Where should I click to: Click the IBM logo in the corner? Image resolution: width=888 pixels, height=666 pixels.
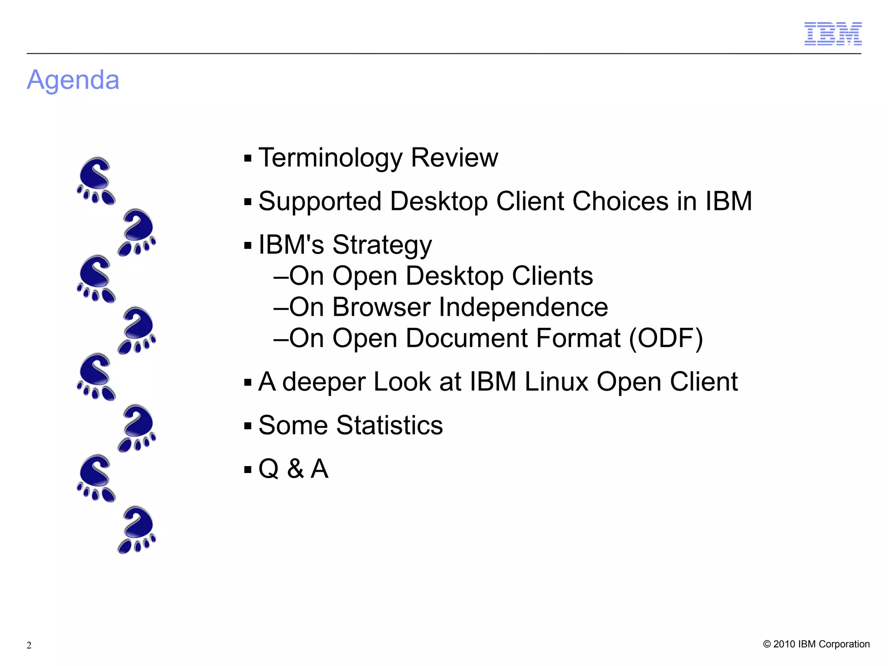pos(832,34)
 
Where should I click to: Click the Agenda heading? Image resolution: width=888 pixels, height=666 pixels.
pos(73,80)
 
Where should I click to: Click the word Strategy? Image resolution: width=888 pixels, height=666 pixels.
pos(382,245)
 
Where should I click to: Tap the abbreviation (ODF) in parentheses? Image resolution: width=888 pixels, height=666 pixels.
pos(666,339)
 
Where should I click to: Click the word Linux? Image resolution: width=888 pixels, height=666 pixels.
pos(556,382)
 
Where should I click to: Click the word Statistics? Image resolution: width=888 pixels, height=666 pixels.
pos(389,425)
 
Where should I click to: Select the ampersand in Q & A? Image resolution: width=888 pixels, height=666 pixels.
pos(295,469)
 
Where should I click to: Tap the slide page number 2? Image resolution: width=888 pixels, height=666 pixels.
pos(29,645)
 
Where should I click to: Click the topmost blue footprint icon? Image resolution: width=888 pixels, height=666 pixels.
pos(96,181)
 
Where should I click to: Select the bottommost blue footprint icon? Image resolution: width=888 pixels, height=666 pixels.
pos(137,530)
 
